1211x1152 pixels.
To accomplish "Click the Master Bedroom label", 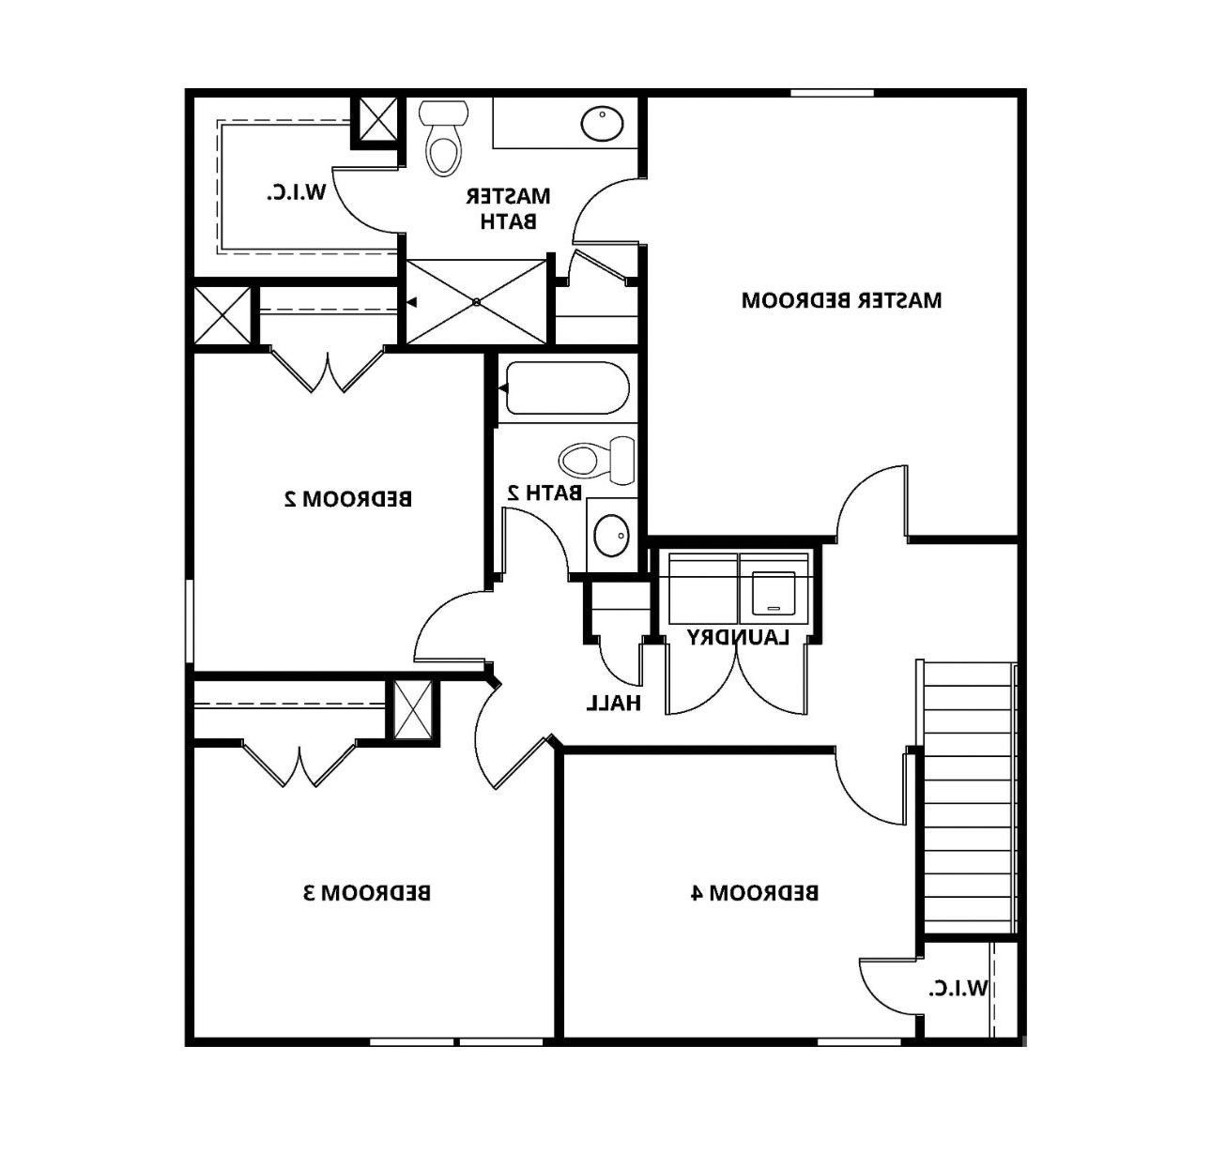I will click(841, 301).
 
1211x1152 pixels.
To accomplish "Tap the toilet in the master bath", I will click(443, 142).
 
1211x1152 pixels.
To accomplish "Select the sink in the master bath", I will click(602, 124).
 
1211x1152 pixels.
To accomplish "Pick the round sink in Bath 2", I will click(612, 536).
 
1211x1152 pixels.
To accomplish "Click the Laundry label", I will click(737, 638).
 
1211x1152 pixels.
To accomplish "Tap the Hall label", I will click(614, 703).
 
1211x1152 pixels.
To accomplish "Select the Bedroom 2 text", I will click(347, 498).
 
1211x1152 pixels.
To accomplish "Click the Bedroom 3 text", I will click(367, 892).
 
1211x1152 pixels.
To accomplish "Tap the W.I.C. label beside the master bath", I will click(297, 193).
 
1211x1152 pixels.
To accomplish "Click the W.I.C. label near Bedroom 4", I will click(958, 988).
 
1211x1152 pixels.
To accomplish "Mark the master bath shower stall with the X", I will click(476, 302).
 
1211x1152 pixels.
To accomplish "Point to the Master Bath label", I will click(508, 208).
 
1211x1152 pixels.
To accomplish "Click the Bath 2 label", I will click(544, 492).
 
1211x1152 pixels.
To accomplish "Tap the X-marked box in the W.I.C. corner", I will click(379, 119).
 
